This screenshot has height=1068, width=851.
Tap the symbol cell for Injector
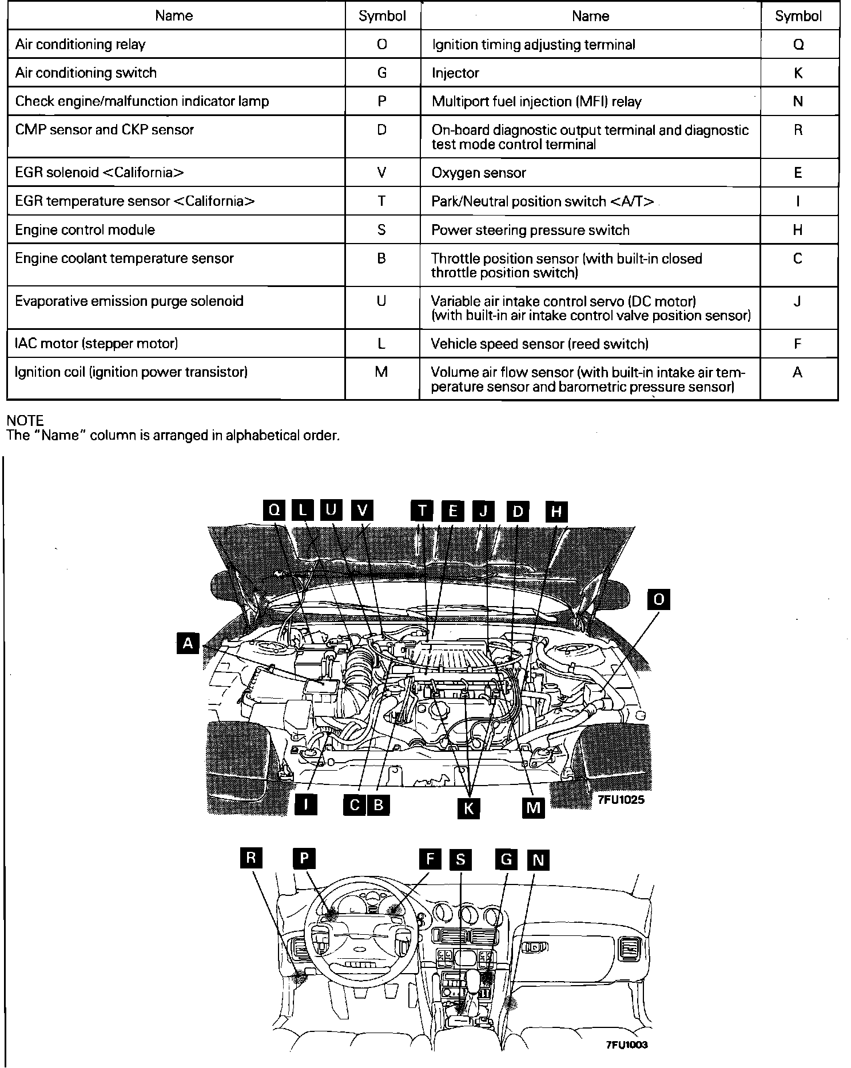pos(798,73)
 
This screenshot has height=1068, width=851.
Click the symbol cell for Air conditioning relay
pos(382,45)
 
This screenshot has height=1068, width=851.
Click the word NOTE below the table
pos(25,420)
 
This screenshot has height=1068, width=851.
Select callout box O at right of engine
pos(658,599)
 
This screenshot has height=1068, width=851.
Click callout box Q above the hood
pos(275,510)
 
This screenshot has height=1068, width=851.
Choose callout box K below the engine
pos(468,808)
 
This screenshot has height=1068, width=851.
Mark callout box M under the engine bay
pos(533,807)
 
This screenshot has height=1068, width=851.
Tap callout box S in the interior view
pos(460,860)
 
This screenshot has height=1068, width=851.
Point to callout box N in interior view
pos(538,860)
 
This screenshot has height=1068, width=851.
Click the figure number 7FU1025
pos(621,800)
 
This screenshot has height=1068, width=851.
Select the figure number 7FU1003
pos(627,1045)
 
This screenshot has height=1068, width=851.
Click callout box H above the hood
pos(556,511)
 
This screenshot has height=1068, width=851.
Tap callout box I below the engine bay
pos(306,805)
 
